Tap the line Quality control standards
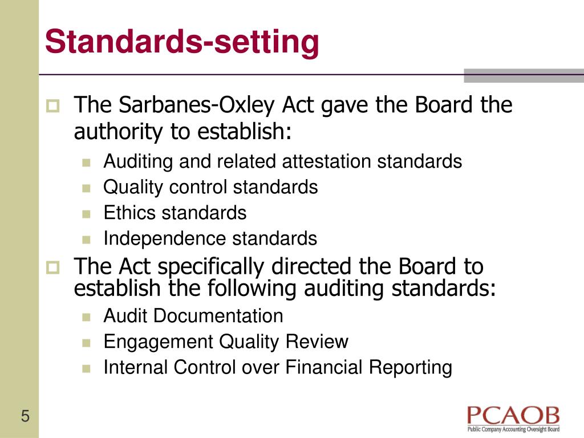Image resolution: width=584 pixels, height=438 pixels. tap(210, 187)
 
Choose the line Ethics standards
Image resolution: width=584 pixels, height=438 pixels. tap(175, 213)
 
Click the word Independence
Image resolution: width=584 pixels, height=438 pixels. tap(165, 238)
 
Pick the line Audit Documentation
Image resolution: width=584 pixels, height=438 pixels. tap(193, 315)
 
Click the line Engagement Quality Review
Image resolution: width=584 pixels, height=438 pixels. tap(226, 342)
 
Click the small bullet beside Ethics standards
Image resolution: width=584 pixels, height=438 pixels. tap(86, 214)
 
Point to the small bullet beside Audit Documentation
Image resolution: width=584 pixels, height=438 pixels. tap(86, 317)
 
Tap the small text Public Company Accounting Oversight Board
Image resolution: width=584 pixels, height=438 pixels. tap(513, 429)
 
